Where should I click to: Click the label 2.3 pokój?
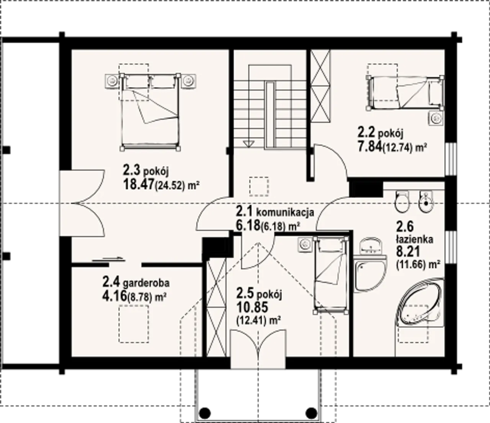(145, 171)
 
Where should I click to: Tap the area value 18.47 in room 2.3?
(139, 185)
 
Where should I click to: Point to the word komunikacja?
(285, 212)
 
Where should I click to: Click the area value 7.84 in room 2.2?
(370, 148)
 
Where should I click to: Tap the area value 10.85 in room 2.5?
(252, 307)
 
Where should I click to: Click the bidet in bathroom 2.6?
(426, 202)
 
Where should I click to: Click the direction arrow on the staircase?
(248, 143)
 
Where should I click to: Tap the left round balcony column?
(205, 413)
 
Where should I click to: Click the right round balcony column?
(312, 413)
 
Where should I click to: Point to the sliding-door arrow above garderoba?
(108, 259)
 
